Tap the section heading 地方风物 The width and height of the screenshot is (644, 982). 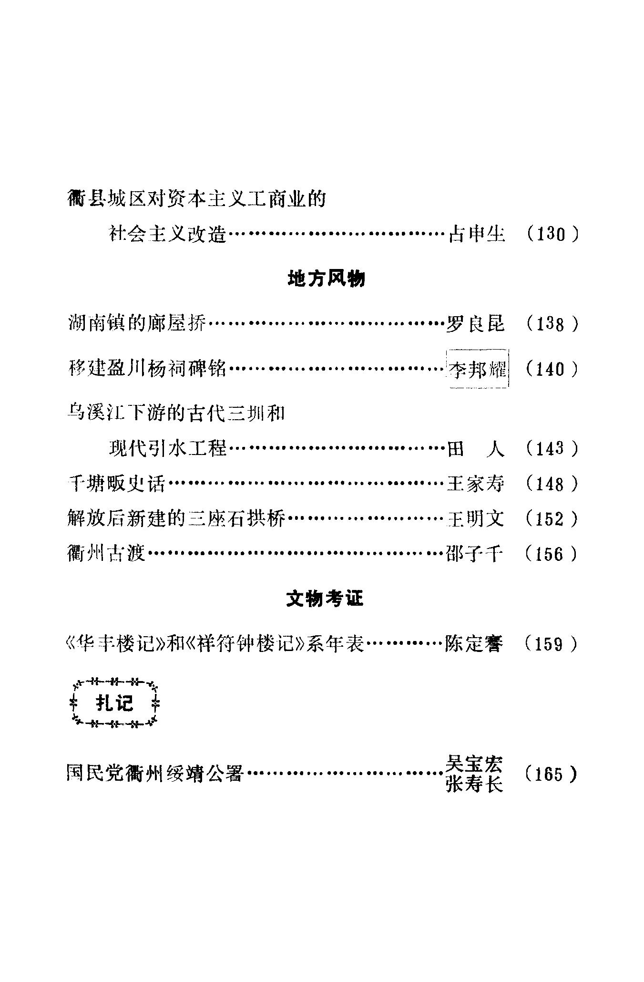(327, 279)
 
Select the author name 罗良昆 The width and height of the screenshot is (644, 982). (475, 324)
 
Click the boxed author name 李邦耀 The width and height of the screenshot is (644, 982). (477, 369)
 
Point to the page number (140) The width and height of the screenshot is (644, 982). (552, 369)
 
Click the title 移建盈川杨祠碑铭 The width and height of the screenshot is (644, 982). (147, 369)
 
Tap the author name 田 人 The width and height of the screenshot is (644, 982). (475, 449)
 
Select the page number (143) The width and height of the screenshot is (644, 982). (552, 449)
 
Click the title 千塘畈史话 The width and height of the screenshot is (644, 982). (116, 484)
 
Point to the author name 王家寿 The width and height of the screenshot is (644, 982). (475, 484)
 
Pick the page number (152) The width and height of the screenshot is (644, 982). (552, 518)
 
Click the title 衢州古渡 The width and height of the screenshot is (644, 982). (106, 554)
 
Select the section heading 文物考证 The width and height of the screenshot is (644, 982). (325, 599)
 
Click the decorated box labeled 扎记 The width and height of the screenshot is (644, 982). (115, 703)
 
